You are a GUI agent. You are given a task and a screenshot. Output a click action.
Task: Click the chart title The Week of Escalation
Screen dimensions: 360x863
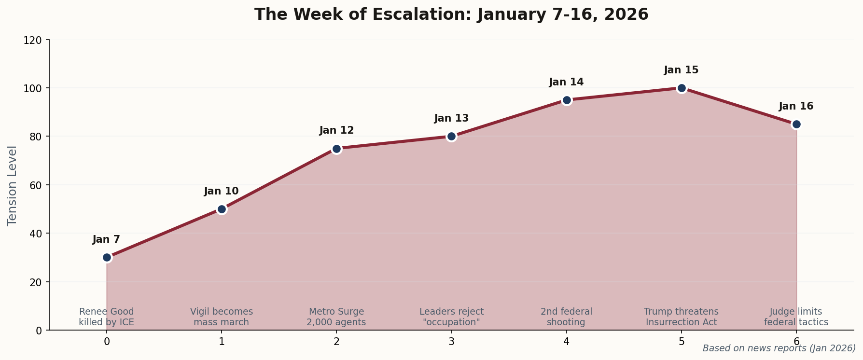pyautogui.click(x=451, y=14)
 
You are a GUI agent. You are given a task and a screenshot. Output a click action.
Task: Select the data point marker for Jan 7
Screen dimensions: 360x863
pyautogui.click(x=107, y=257)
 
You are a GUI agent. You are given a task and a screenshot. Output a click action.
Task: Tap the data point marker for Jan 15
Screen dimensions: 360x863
pyautogui.click(x=682, y=88)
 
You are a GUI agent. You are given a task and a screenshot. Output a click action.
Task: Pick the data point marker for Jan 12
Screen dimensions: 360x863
pyautogui.click(x=336, y=149)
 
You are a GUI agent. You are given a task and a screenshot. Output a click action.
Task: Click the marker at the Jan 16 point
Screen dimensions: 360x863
pyautogui.click(x=796, y=124)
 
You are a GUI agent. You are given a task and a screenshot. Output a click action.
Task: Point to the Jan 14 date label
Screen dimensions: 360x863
pyautogui.click(x=566, y=82)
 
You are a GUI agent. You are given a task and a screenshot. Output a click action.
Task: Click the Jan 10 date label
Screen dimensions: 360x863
pyautogui.click(x=221, y=191)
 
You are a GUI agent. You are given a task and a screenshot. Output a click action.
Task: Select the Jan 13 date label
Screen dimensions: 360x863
pyautogui.click(x=451, y=118)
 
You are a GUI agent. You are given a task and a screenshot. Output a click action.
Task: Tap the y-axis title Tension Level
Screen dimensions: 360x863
pyautogui.click(x=13, y=185)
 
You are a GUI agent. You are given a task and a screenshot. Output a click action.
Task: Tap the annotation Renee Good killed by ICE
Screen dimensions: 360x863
pyautogui.click(x=107, y=317)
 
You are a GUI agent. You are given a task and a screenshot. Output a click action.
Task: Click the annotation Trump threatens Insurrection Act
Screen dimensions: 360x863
pyautogui.click(x=681, y=317)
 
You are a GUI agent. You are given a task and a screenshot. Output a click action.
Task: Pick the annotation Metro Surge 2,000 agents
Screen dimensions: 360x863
pyautogui.click(x=336, y=317)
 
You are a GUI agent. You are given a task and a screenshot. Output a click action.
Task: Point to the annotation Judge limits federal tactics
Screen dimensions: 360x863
pyautogui.click(x=796, y=317)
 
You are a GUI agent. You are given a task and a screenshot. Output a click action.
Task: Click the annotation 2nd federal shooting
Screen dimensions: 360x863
pyautogui.click(x=566, y=317)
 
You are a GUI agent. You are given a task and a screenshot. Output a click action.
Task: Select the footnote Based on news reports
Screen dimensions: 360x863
pyautogui.click(x=779, y=348)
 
